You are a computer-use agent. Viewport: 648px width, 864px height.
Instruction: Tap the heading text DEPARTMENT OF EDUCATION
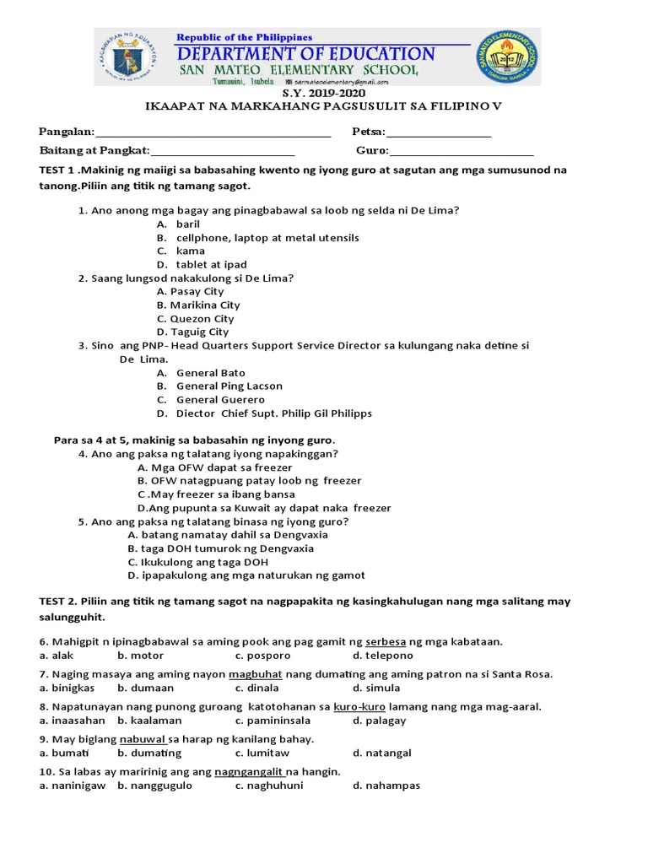pos(305,55)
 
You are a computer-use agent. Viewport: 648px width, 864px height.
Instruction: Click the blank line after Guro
pos(462,154)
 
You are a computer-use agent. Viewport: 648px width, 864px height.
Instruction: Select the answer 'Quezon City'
pos(202,319)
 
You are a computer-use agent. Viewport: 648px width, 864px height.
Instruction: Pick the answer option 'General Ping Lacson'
pos(229,386)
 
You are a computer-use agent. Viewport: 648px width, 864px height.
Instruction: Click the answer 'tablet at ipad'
pos(211,265)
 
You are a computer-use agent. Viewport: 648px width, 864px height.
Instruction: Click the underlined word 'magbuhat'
pos(255,674)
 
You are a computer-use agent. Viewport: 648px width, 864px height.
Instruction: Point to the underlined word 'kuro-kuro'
pos(354,706)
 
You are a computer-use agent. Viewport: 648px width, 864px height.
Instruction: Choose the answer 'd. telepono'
pos(383,656)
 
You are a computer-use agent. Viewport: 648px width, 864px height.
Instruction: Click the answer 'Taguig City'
pos(199,332)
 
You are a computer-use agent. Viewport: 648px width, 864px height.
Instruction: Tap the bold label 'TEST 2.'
pos(58,602)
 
